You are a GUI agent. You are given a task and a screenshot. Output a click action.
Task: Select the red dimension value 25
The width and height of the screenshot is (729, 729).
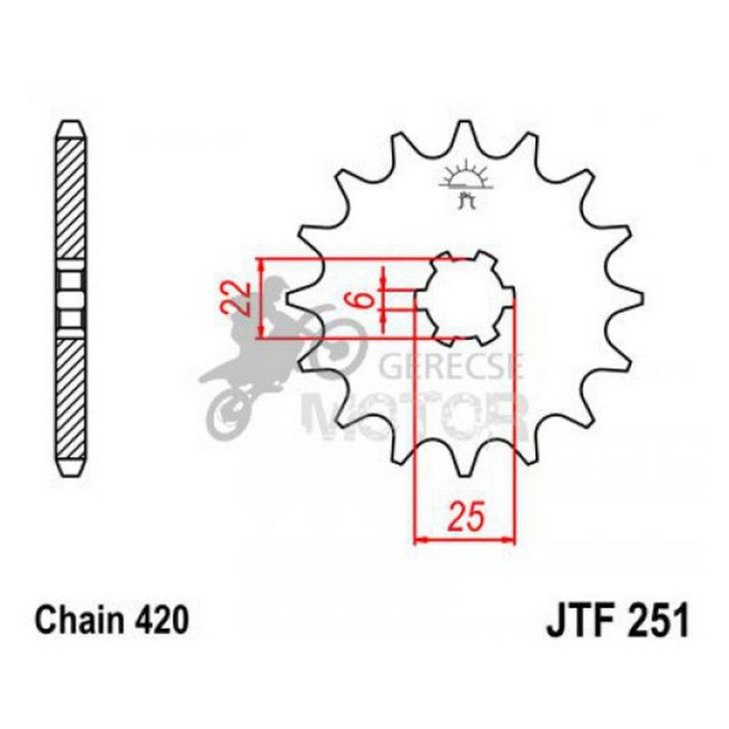pyautogui.click(x=465, y=518)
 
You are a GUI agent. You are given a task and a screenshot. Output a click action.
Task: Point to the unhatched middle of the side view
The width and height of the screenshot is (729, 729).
pyautogui.click(x=72, y=296)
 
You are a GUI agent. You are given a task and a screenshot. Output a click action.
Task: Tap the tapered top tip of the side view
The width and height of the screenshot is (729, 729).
pyautogui.click(x=72, y=126)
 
